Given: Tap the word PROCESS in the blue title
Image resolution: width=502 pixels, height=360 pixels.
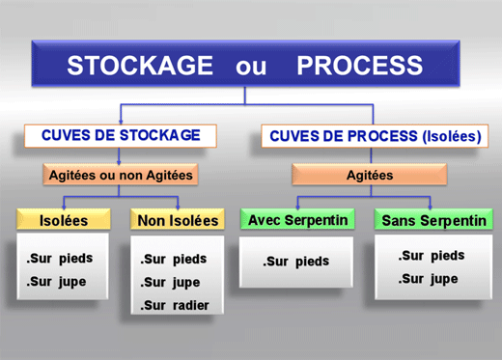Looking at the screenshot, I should point(359,66).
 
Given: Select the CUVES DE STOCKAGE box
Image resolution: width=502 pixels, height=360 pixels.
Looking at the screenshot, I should point(121,136).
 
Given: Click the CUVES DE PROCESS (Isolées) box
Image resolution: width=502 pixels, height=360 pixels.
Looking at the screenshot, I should point(372,137).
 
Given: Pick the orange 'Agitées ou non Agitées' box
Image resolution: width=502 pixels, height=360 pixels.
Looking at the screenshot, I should point(120,175).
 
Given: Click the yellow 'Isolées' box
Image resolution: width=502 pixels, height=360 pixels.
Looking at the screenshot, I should point(64,220).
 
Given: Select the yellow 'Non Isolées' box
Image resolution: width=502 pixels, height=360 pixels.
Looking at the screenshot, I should point(179,220).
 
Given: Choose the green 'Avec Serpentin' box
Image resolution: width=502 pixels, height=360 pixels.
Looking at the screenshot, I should point(298,220).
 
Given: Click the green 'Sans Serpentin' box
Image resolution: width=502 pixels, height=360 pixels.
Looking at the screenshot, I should point(433,221).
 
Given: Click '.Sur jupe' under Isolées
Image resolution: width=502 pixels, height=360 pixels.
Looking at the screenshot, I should point(58,283).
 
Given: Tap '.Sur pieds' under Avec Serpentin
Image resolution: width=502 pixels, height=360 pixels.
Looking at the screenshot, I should point(296,262).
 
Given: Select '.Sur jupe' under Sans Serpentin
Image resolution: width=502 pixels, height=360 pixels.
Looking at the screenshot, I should point(430,279).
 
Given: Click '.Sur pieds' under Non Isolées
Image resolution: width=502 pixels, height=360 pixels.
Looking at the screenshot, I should point(174,260).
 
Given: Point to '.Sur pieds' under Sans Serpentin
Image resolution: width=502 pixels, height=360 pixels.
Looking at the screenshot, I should point(432,256).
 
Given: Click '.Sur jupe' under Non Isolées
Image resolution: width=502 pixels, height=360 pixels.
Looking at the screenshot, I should point(173,283).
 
